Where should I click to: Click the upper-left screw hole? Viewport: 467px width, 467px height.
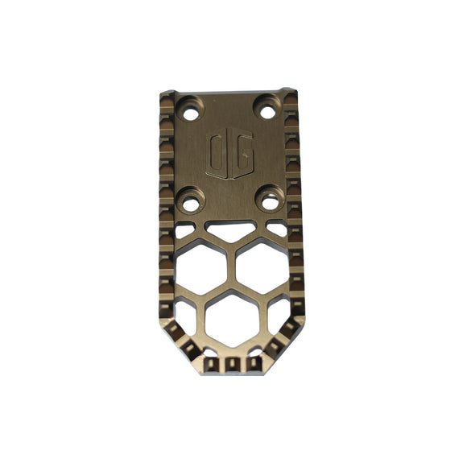pyautogui.click(x=190, y=114)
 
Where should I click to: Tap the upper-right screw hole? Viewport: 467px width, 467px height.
pyautogui.click(x=267, y=112)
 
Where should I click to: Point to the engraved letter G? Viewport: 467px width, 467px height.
pyautogui.click(x=241, y=155)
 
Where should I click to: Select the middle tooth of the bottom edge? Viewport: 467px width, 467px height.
pyautogui.click(x=233, y=365)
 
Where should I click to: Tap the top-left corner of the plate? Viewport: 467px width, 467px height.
pyautogui.click(x=164, y=96)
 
